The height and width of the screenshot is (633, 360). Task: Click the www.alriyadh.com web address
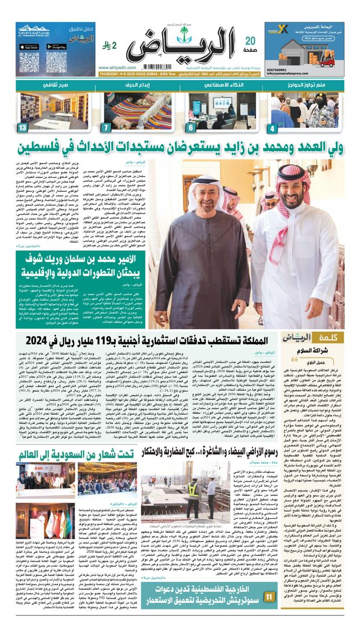pyautogui.click(x=117, y=65)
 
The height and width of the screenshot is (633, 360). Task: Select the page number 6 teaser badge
pyautogui.click(x=191, y=129)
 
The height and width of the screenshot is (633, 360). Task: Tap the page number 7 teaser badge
pyautogui.click(x=106, y=129)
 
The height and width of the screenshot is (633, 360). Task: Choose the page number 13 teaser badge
pyautogui.click(x=22, y=129)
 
